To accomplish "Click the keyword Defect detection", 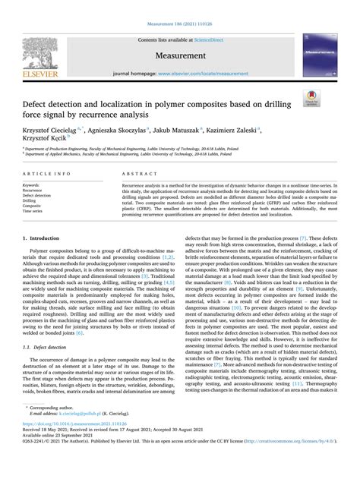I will pyautogui.click(x=37, y=195).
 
